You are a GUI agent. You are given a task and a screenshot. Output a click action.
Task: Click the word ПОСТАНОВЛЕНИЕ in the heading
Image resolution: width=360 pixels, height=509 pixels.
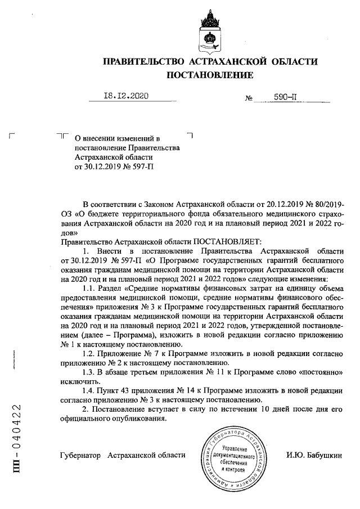209,75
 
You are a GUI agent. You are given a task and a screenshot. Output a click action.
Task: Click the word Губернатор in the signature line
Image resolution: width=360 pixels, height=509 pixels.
80,454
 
